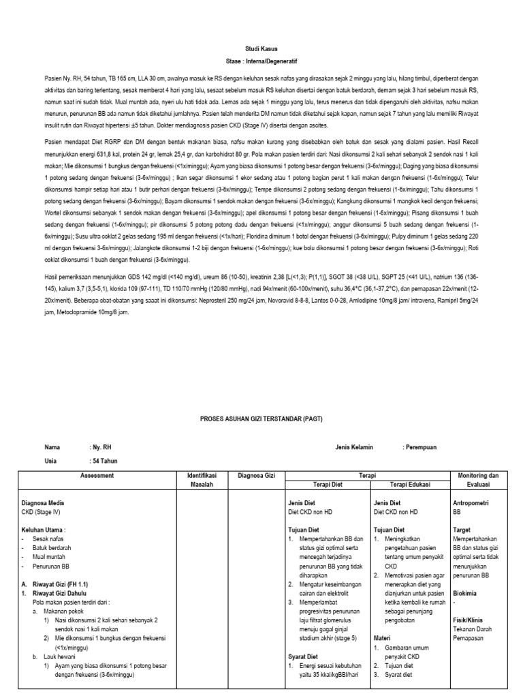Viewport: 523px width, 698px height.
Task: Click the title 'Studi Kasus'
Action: click(262, 49)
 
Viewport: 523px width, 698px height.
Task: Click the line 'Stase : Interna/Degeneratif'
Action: click(262, 59)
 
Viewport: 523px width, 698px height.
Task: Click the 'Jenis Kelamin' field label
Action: click(355, 447)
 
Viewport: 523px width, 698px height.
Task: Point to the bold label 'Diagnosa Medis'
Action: click(44, 502)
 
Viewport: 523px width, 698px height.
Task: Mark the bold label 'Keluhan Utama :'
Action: click(44, 528)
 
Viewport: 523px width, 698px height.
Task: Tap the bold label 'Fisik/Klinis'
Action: click(469, 620)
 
